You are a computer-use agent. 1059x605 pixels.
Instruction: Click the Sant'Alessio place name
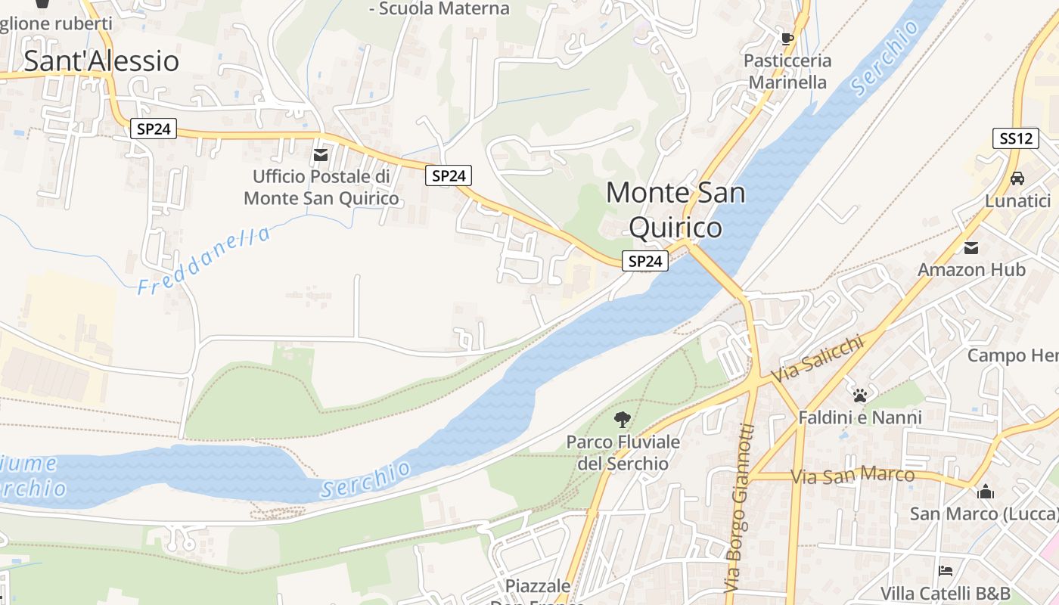point(101,61)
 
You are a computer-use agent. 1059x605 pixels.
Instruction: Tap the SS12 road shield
point(1015,138)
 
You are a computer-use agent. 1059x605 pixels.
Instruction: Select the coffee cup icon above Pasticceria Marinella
point(787,39)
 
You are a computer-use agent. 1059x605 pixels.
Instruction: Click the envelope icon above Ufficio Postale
point(321,155)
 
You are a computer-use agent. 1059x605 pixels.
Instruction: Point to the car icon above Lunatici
point(1017,178)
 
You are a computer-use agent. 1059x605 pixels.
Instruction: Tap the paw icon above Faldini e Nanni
point(860,395)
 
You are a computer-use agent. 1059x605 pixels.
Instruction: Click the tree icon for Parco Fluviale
point(623,420)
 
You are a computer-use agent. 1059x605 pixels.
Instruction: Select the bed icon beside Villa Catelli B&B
point(945,570)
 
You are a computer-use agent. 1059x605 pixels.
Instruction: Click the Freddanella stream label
point(204,261)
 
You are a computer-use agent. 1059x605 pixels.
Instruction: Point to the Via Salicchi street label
point(817,358)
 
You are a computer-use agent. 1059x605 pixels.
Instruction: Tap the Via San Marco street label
point(852,476)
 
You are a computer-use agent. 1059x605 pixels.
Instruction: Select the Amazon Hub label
point(971,270)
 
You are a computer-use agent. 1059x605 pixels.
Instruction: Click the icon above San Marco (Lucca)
point(985,492)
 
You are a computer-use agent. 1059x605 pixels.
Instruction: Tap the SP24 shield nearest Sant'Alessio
point(154,129)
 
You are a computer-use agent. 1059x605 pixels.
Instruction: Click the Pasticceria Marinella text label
point(787,71)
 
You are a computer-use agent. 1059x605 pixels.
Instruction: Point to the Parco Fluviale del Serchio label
point(623,452)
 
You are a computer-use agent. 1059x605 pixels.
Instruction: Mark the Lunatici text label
point(1017,201)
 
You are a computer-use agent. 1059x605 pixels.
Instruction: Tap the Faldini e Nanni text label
point(860,417)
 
